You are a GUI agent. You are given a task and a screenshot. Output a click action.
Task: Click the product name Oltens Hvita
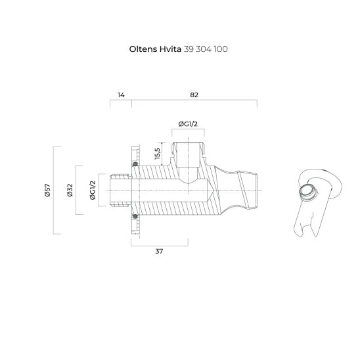[155, 49]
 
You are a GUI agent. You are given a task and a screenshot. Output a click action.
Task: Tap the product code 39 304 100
[206, 49]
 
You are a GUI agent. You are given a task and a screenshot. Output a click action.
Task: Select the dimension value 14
[121, 95]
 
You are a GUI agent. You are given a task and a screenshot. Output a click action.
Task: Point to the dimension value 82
[194, 95]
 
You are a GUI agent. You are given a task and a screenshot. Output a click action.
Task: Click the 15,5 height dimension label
[158, 153]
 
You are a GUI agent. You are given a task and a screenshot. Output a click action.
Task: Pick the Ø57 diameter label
[47, 191]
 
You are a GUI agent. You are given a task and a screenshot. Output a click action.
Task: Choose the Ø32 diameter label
[69, 191]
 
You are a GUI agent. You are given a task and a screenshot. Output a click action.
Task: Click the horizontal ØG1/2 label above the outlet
[189, 125]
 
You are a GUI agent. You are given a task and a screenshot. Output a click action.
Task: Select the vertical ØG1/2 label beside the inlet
[93, 191]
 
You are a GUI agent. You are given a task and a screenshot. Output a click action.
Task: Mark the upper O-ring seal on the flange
[135, 164]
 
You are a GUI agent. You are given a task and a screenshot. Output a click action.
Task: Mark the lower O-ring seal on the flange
[135, 216]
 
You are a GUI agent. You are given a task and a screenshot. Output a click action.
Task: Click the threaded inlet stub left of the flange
[118, 191]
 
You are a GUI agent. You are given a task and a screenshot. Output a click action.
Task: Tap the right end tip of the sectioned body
[258, 191]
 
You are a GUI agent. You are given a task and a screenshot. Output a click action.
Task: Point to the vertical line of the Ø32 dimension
[78, 191]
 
